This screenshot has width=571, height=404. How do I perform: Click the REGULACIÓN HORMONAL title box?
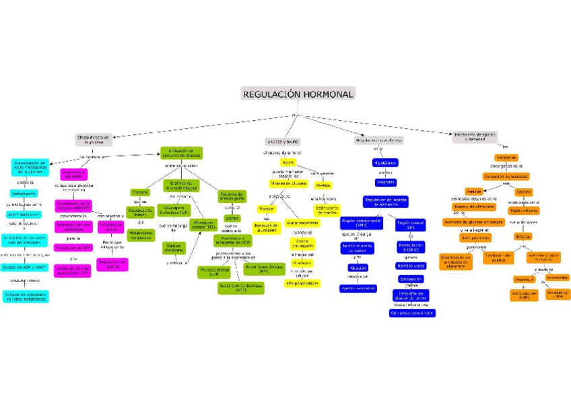(298, 94)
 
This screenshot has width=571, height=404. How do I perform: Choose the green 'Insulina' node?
(140, 192)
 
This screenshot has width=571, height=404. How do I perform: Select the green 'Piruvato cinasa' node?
(214, 271)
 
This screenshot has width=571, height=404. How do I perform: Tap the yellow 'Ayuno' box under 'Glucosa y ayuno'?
(288, 163)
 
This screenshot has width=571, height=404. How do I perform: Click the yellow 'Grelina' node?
(323, 185)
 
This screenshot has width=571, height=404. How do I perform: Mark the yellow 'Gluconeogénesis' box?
(302, 223)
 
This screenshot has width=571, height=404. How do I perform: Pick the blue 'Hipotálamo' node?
(385, 163)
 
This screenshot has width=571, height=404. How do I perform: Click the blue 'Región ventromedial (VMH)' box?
(361, 223)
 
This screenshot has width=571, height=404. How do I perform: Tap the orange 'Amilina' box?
(474, 192)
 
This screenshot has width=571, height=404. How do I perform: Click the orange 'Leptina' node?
(523, 192)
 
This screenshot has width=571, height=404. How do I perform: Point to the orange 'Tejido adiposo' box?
(523, 210)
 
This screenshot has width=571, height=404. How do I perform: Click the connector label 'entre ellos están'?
(181, 166)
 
